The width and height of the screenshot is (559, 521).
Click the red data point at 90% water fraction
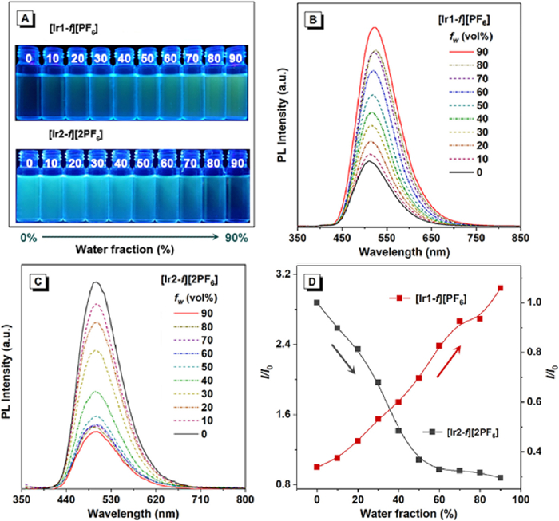(x=500, y=288)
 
